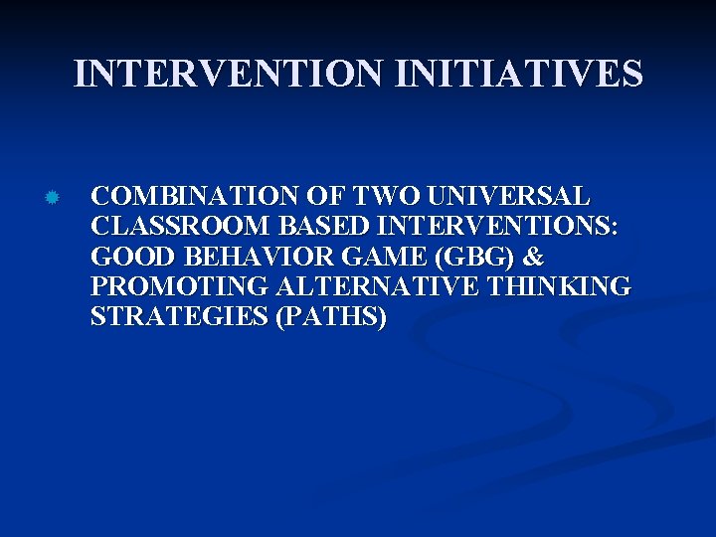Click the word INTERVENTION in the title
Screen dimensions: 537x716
coord(230,74)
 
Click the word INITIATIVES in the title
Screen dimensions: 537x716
coord(519,74)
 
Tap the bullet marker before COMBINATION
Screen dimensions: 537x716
coord(53,197)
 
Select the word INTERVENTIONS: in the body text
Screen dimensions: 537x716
coord(491,226)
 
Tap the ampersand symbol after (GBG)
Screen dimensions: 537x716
coord(533,257)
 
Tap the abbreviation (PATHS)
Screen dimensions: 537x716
coord(327,318)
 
